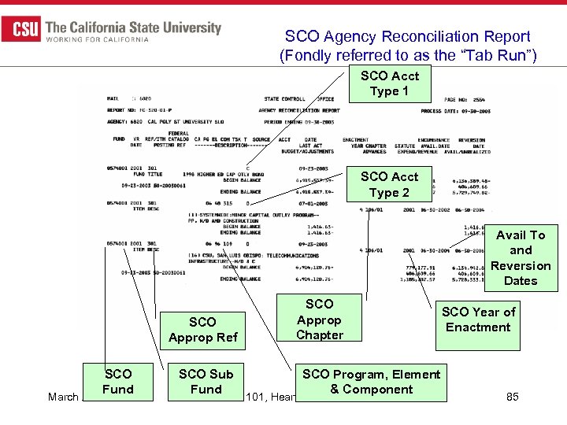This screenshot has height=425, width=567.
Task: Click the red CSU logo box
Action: (x=21, y=30)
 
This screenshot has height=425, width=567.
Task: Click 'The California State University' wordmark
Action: (x=134, y=27)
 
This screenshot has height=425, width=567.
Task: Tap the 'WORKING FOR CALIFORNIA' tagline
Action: (x=98, y=39)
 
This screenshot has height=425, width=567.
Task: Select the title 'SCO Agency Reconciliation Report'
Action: (x=407, y=36)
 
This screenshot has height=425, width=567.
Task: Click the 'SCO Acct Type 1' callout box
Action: (x=390, y=83)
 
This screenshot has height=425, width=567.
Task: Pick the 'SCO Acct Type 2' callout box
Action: (x=390, y=184)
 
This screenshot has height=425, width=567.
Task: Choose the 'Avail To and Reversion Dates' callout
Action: (x=521, y=258)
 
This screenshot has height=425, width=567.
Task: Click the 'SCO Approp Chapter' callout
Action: (x=319, y=319)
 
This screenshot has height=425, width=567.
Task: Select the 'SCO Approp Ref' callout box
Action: (x=202, y=330)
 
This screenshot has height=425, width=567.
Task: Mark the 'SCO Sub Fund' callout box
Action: (x=206, y=382)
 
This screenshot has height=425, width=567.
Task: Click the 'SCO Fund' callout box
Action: (x=118, y=382)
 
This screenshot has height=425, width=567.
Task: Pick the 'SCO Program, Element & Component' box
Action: (x=371, y=382)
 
